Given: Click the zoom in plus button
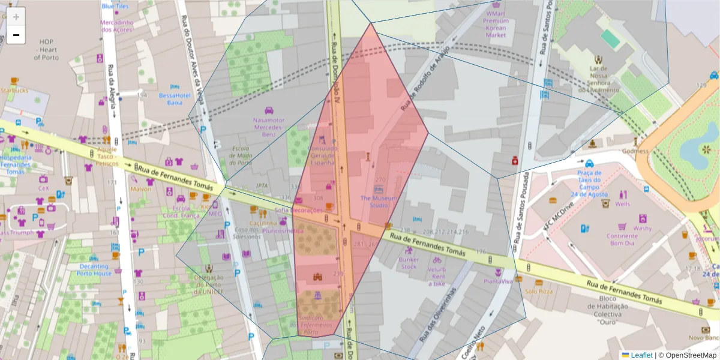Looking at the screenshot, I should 16,17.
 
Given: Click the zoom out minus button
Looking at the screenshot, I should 16,35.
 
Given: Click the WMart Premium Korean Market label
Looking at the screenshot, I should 496,24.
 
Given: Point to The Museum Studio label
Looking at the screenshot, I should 378,202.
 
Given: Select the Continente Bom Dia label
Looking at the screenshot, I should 622,239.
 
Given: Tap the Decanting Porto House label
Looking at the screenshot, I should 94,270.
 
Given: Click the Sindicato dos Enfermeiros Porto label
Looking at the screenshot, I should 318,324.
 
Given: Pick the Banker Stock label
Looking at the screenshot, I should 409,263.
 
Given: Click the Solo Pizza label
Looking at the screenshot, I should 538,291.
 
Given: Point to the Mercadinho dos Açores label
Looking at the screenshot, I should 116,26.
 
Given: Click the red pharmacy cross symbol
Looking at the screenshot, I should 514,161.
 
